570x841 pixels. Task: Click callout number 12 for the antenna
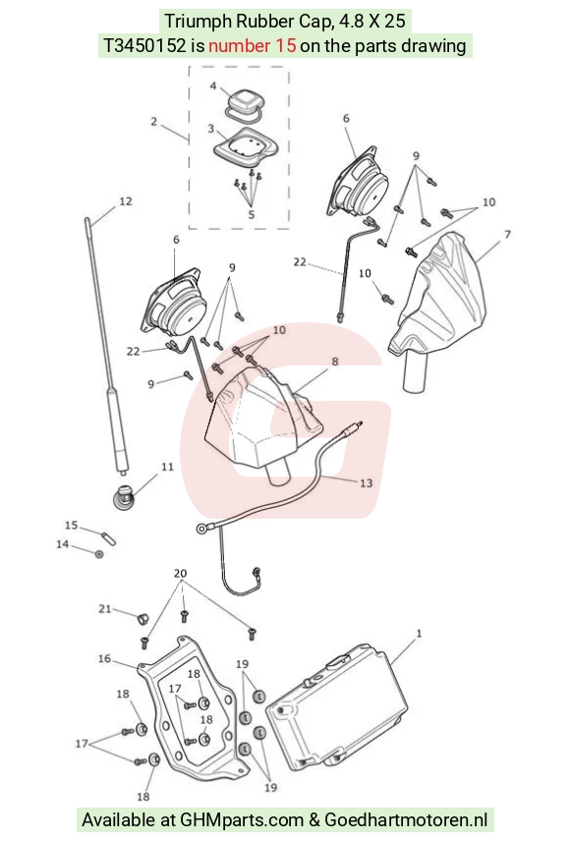125,201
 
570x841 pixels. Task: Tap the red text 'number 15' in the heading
252,45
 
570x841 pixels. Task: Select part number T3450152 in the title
144,45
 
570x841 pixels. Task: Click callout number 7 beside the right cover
507,235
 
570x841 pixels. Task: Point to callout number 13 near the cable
366,482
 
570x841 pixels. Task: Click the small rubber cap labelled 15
109,537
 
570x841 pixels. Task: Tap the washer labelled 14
99,553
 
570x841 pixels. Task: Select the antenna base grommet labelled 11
124,497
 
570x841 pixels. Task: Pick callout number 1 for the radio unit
419,634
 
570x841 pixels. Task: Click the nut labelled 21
142,619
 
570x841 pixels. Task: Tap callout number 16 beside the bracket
104,658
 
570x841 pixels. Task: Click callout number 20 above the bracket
181,574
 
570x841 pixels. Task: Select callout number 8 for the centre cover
335,361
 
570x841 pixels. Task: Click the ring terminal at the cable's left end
201,529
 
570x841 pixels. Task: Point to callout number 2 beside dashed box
154,122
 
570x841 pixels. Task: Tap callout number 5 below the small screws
252,214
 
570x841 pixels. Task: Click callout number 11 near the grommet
167,467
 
